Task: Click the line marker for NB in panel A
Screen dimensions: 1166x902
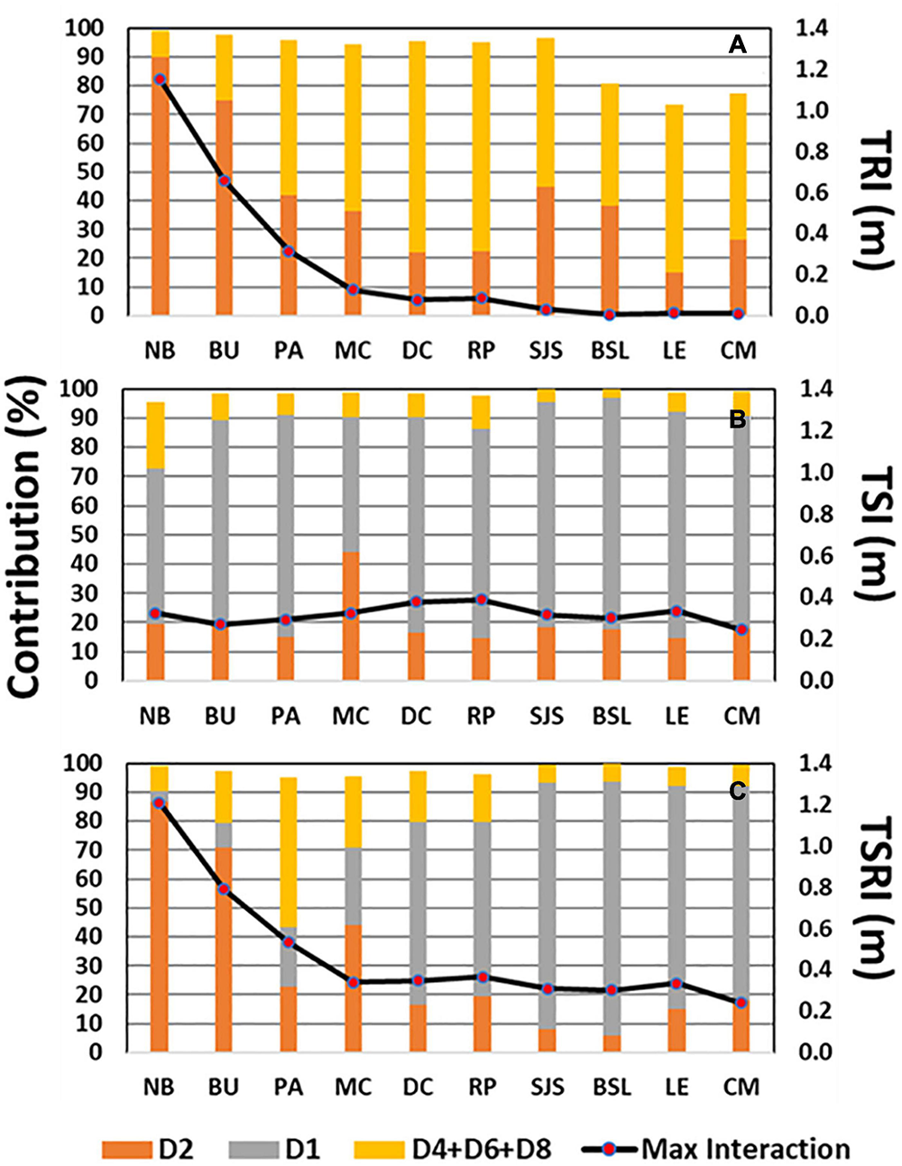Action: (160, 79)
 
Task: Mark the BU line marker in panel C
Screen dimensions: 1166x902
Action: (224, 889)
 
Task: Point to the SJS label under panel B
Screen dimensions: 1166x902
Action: (546, 716)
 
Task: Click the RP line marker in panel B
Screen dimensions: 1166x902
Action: (482, 600)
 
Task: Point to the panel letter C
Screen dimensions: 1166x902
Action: (737, 791)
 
